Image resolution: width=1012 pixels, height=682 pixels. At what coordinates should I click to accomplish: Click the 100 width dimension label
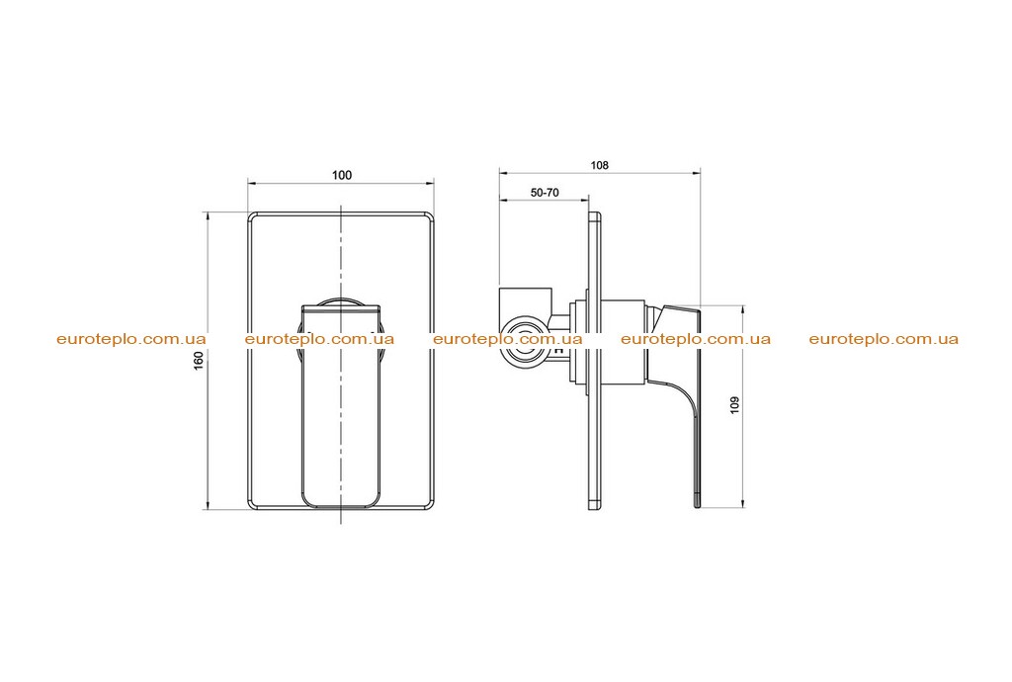pyautogui.click(x=341, y=175)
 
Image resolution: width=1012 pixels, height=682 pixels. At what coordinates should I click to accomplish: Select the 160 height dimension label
pyautogui.click(x=199, y=360)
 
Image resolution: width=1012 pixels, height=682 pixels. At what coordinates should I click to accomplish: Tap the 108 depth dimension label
pyautogui.click(x=600, y=165)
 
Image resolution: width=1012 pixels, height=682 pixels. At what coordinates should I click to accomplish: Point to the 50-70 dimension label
pyautogui.click(x=545, y=193)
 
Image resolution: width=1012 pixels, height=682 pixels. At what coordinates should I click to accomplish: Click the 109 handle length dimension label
pyautogui.click(x=734, y=404)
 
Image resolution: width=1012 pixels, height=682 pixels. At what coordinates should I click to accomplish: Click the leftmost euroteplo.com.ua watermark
pyautogui.click(x=131, y=339)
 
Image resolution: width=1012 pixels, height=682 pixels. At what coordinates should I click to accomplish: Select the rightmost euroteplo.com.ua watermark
pyautogui.click(x=884, y=339)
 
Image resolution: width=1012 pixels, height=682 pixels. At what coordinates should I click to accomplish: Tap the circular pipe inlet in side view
pyautogui.click(x=524, y=341)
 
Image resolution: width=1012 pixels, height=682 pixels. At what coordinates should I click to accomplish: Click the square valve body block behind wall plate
pyautogui.click(x=526, y=300)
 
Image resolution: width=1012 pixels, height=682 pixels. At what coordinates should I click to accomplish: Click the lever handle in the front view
pyautogui.click(x=341, y=406)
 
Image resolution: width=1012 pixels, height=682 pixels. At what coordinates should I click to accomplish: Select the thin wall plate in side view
pyautogui.click(x=595, y=362)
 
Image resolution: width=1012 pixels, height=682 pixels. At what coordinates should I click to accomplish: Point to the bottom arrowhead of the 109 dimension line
pyautogui.click(x=743, y=504)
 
